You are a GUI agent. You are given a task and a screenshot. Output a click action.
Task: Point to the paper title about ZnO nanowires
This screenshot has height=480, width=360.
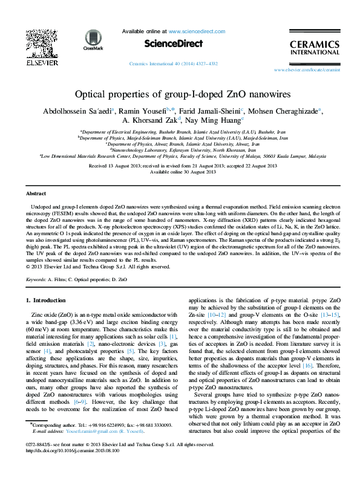pos(180,95)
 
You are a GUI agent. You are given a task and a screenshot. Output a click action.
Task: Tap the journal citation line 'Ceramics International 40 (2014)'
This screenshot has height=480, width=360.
pos(180,63)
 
